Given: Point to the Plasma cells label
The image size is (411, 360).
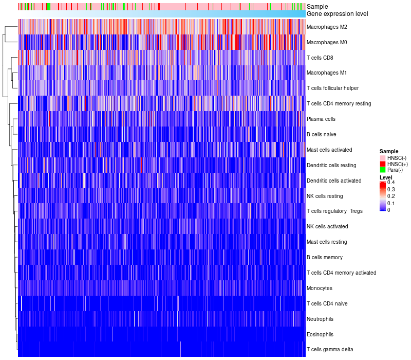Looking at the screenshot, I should pos(321,119).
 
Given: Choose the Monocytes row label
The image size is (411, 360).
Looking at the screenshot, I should pos(319,288).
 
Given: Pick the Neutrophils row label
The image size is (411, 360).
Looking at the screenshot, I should pos(320,319).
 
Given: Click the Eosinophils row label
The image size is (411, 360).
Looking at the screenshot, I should pos(320,334).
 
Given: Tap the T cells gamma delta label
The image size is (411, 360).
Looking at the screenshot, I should pos(329,350).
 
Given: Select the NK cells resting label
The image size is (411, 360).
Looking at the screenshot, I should pos(324,196).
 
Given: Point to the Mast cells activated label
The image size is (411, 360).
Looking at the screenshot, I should pos(329,150).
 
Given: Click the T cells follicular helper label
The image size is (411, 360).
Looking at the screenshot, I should pos(332,88).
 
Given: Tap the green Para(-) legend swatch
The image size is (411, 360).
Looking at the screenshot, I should pos(382,170).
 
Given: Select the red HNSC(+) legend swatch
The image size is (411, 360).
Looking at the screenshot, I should pos(382,164).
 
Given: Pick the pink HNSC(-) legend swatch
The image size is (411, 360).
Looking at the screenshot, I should pos(382,157).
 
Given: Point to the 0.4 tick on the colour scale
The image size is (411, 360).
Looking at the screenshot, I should pos(391,183).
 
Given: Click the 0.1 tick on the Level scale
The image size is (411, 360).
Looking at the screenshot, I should pos(391,203).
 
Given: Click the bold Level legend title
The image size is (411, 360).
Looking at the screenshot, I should pos(386,177).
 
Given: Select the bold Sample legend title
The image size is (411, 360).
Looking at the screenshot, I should pos(388,151).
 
